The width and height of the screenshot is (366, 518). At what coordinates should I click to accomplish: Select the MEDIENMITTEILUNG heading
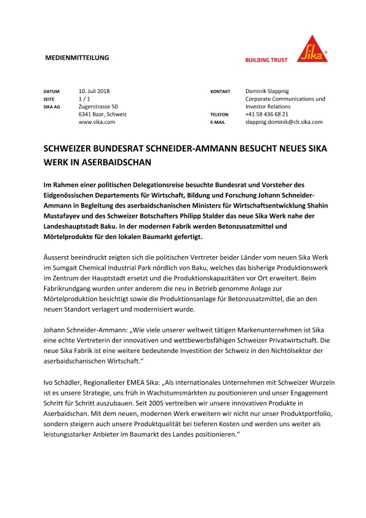click(78, 58)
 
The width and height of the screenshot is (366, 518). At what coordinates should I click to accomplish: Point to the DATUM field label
click(51, 91)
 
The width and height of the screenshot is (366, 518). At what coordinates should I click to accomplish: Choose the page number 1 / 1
click(86, 99)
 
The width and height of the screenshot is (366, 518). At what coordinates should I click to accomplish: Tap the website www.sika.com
click(97, 123)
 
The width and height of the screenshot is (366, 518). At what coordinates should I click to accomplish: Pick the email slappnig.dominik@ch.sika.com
click(284, 123)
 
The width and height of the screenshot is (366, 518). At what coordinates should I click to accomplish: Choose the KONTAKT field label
click(220, 91)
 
